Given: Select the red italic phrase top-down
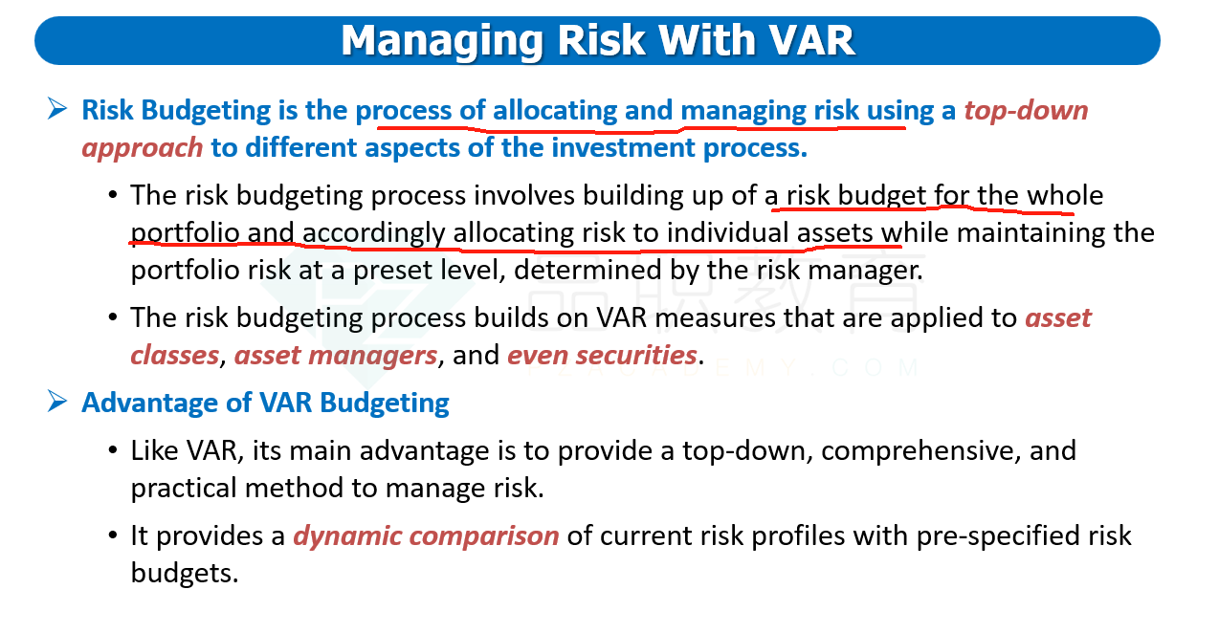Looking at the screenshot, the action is coord(1026,110).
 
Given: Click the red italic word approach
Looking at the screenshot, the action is coord(142,148).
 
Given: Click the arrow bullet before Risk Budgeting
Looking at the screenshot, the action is coord(57,108).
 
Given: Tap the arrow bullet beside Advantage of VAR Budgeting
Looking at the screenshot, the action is coord(57,402).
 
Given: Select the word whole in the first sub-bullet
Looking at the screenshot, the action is coord(1065,195).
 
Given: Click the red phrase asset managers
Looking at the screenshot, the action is coord(336,355).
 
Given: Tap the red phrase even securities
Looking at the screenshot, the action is coord(602,355).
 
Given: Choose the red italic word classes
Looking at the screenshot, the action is coord(175,355).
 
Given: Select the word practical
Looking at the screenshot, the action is coord(183,488).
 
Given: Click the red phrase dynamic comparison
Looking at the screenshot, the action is coord(426,536).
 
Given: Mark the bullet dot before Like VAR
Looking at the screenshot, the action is coord(113,450).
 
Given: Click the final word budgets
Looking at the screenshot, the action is coord(185,573).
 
